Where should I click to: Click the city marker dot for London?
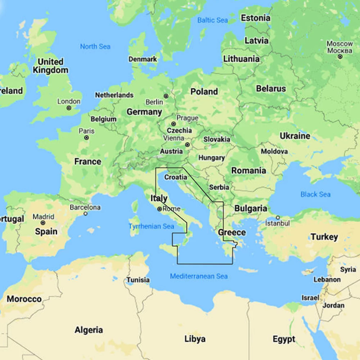click(69, 108)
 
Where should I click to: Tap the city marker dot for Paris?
click(86, 138)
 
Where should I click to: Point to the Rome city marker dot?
click(159, 209)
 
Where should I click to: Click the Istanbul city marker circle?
click(278, 217)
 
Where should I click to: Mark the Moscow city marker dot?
click(340, 57)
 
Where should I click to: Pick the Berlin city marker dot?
click(166, 96)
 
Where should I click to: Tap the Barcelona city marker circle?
click(85, 213)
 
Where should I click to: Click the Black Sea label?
click(315, 194)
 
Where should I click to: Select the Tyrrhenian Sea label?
click(151, 226)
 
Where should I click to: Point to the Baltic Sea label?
click(212, 20)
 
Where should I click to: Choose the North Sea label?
click(95, 46)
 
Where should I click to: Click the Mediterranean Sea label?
click(199, 276)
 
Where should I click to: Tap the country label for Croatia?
click(176, 177)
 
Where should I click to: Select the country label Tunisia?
click(138, 280)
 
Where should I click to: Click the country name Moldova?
click(274, 152)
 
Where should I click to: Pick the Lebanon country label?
click(327, 279)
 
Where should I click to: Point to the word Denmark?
click(143, 59)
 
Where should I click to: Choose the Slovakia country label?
click(217, 139)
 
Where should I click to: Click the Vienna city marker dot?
click(187, 145)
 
